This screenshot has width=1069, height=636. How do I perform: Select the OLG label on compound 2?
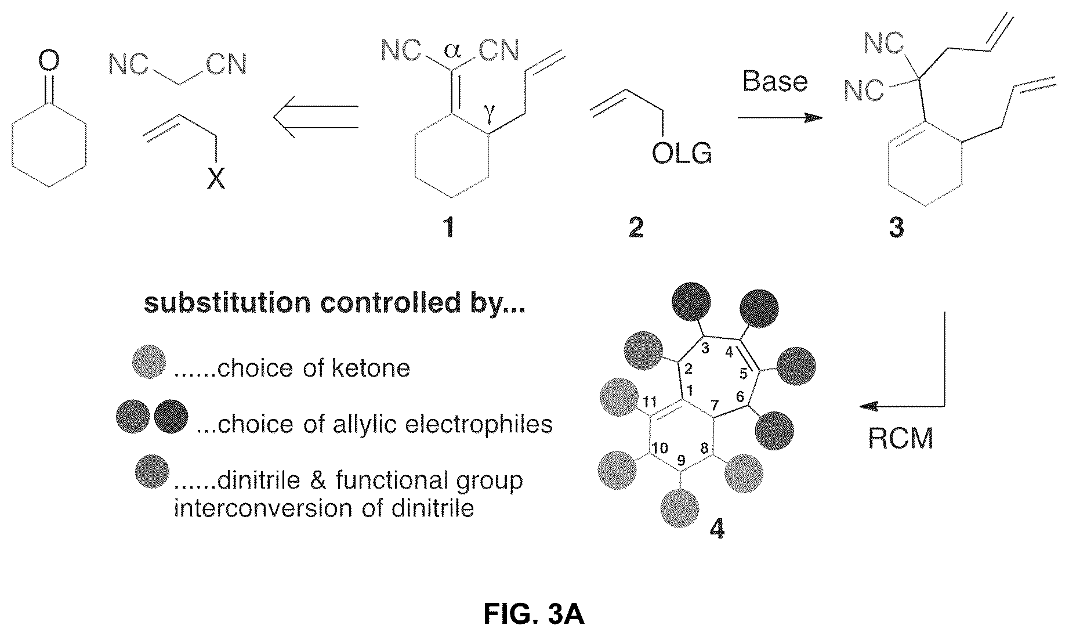(682, 153)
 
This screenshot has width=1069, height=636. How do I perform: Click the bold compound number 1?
(448, 227)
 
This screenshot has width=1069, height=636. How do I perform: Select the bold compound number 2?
(636, 227)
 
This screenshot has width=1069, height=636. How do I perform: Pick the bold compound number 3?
(896, 227)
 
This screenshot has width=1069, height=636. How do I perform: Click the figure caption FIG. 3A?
(534, 615)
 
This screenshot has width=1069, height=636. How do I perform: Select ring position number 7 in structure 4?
(713, 403)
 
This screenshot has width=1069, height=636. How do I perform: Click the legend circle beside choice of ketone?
(149, 362)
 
